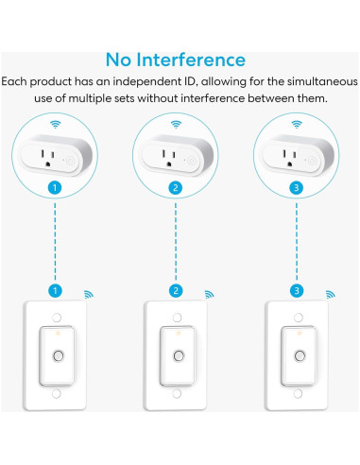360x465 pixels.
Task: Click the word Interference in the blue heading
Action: click(x=191, y=60)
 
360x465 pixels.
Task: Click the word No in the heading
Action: click(x=118, y=60)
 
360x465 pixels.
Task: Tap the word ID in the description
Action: click(x=191, y=81)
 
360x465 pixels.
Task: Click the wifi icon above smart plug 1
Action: click(x=55, y=124)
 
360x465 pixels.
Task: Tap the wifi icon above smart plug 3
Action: click(x=297, y=124)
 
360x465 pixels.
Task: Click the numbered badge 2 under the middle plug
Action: click(x=176, y=188)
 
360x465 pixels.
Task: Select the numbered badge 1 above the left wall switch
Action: click(x=55, y=290)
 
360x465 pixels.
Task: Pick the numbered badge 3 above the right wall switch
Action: click(x=297, y=290)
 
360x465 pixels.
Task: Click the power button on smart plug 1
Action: click(x=71, y=161)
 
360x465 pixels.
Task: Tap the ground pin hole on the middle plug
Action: click(x=169, y=164)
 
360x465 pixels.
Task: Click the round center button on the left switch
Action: click(x=58, y=355)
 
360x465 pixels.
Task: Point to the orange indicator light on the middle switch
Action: click(x=178, y=333)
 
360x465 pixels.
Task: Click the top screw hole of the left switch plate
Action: click(x=57, y=318)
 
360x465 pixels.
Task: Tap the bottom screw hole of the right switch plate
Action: click(x=298, y=393)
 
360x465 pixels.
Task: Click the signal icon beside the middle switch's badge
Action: click(x=209, y=294)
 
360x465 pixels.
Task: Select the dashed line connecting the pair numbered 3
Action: click(x=297, y=241)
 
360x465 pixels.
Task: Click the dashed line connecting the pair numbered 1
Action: click(x=55, y=241)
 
